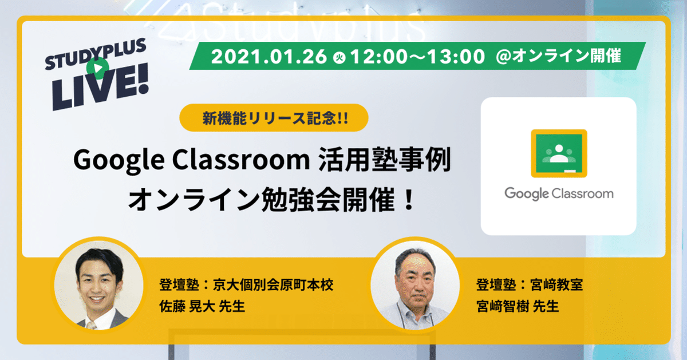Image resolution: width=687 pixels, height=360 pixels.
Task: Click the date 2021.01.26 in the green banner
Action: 269,57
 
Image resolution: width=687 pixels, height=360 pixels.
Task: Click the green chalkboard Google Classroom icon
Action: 558,152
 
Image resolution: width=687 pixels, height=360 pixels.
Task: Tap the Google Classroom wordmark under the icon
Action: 558,193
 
